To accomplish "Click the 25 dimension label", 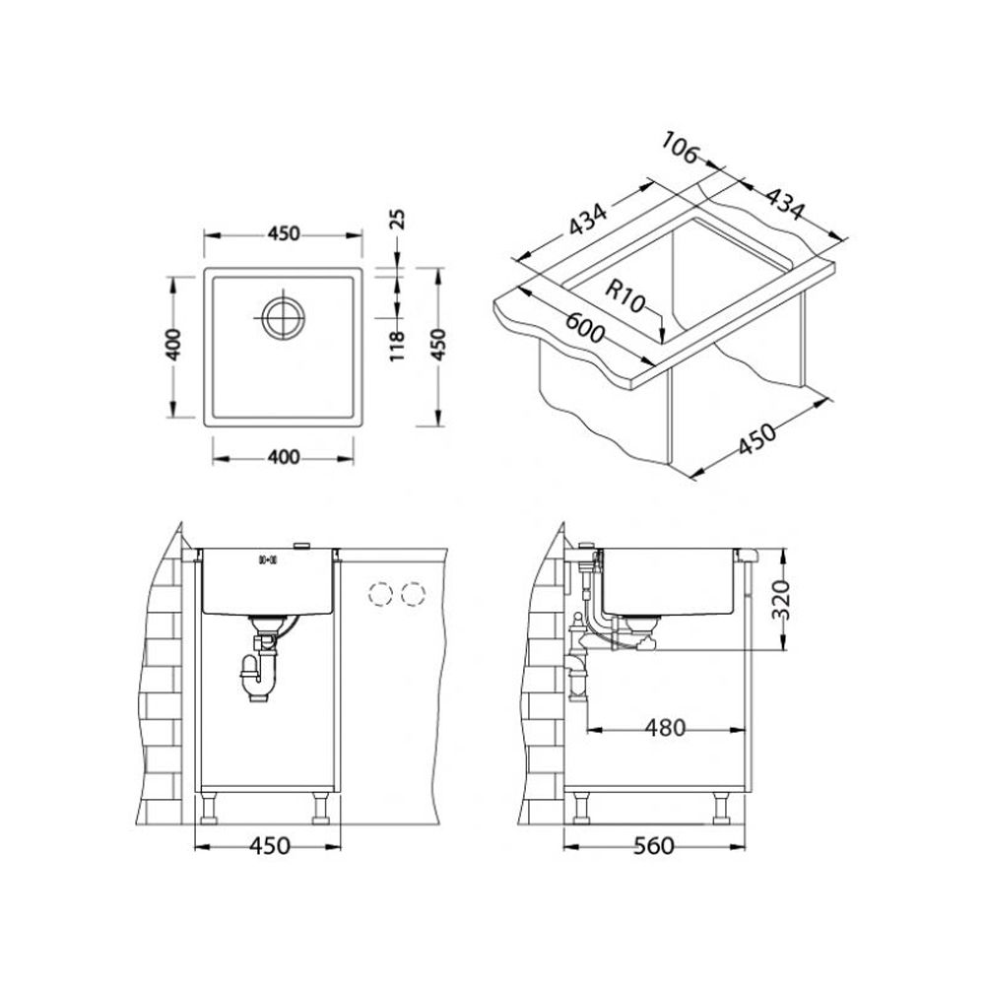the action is (398, 220).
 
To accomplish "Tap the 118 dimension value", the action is (397, 346).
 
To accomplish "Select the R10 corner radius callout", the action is (625, 296).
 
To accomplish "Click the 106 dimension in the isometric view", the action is (680, 150).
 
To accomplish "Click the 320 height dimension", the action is (780, 599).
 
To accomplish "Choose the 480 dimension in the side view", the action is (665, 728).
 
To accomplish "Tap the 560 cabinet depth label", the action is (653, 846).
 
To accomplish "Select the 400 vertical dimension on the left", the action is (174, 344).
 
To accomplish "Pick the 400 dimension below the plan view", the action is (284, 457).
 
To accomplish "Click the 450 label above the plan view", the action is (284, 233).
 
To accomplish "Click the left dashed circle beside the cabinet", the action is (380, 594).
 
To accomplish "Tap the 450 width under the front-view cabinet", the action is (270, 845).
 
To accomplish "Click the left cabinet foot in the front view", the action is (208, 808).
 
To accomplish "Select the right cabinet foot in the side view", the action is (721, 808).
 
